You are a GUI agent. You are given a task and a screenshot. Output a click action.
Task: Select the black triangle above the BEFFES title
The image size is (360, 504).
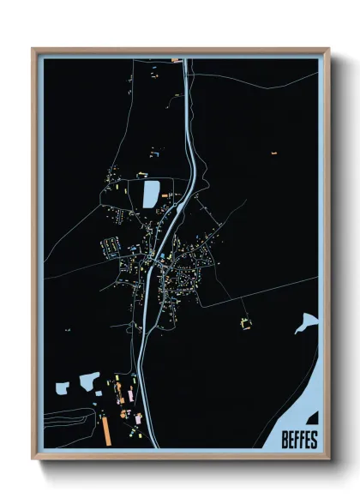(313, 419)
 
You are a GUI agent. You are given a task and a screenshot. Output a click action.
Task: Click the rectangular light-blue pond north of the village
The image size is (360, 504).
(151, 194)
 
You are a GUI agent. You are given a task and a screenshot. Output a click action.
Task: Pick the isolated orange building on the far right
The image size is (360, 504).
(274, 152)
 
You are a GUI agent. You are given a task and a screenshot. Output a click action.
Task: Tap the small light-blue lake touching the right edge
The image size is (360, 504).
(306, 322)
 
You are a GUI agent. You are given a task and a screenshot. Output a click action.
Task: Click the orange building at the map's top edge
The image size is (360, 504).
(175, 60)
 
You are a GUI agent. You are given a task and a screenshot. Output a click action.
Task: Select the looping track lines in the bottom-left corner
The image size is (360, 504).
(69, 420)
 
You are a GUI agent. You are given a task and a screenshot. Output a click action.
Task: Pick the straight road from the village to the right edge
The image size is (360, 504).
(266, 289)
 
